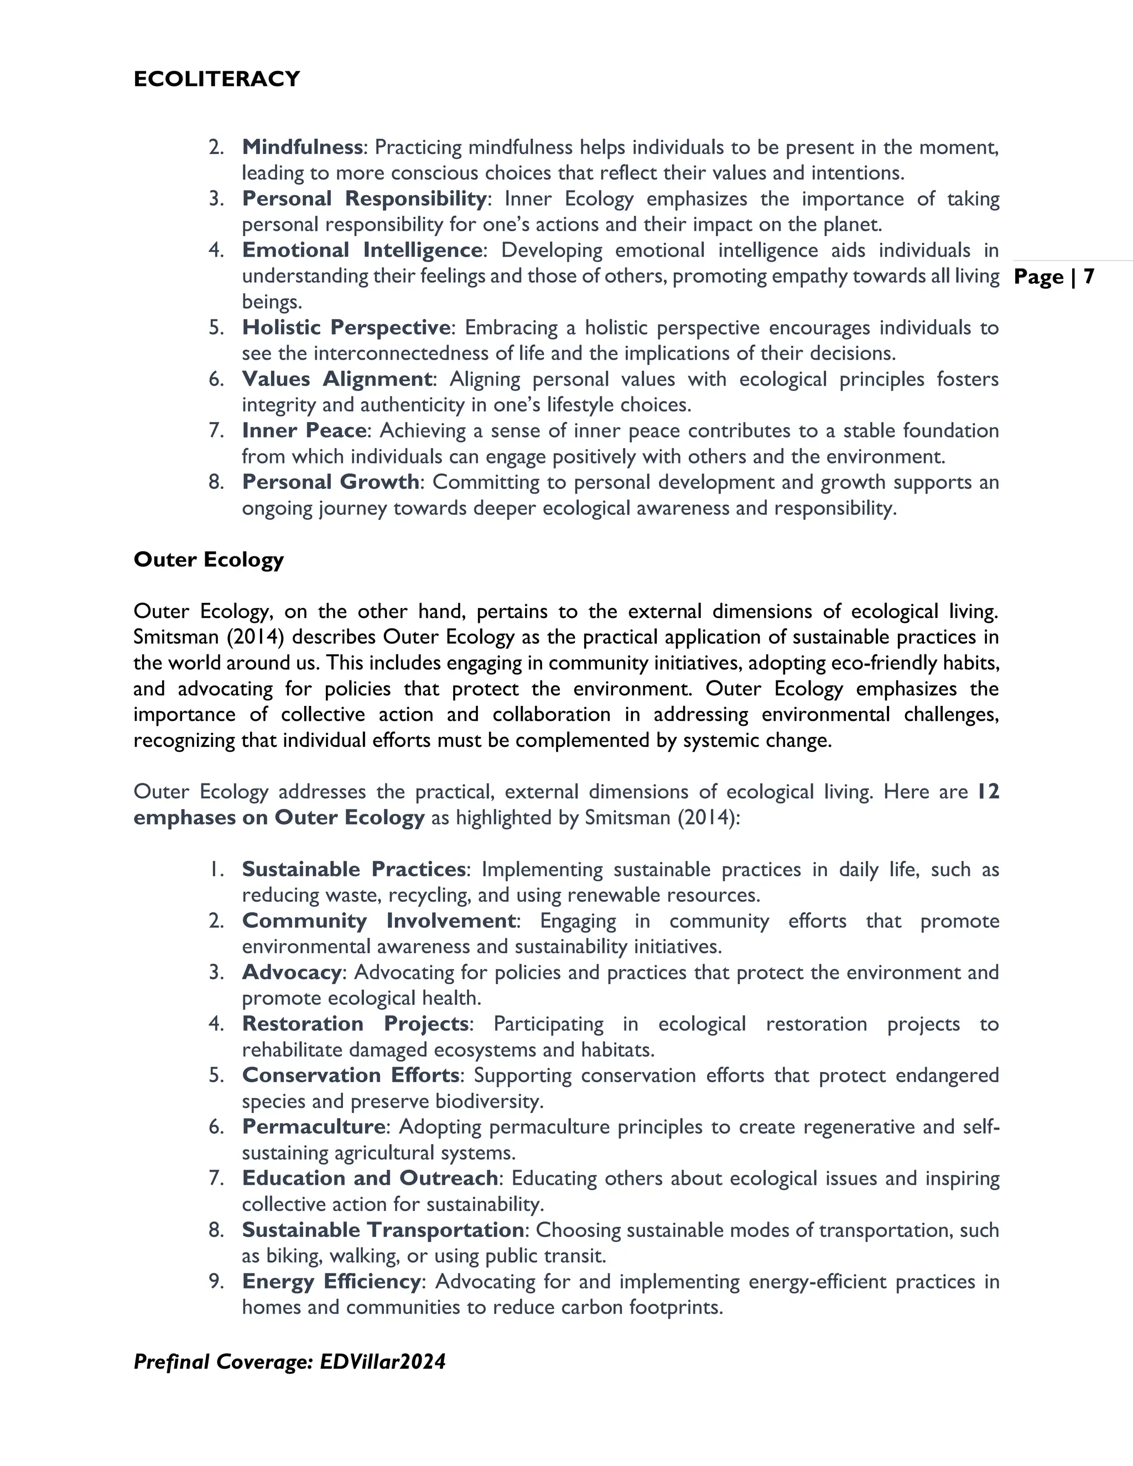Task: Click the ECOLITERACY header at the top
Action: click(x=216, y=79)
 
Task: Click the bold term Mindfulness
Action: click(x=302, y=147)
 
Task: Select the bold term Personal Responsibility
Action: click(x=364, y=199)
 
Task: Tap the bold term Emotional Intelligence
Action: click(x=362, y=251)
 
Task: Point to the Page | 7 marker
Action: click(x=1054, y=277)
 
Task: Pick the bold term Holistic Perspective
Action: click(x=346, y=327)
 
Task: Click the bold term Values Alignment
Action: click(x=336, y=380)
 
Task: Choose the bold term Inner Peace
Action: click(x=304, y=430)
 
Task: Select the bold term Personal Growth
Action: click(x=330, y=482)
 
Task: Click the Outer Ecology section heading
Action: click(x=208, y=560)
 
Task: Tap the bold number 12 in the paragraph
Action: click(x=988, y=792)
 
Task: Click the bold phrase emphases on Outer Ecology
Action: click(x=279, y=818)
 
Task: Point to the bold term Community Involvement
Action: click(x=378, y=921)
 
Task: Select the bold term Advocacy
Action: click(x=292, y=973)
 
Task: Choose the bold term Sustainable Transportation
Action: click(x=383, y=1230)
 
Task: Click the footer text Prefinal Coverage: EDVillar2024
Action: click(x=289, y=1362)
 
